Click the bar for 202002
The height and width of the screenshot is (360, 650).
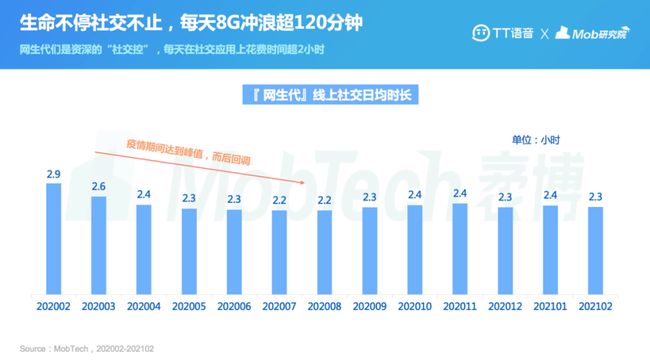(x=53, y=239)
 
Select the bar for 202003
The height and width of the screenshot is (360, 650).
(x=98, y=245)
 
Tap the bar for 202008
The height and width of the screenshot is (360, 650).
(x=324, y=252)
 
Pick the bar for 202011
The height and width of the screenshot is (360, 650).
(x=460, y=249)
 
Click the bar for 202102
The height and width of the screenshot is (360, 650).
(x=595, y=250)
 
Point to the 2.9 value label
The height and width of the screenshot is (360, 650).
(x=53, y=175)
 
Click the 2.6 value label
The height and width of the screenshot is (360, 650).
(x=98, y=187)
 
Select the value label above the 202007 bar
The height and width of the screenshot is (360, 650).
(x=279, y=200)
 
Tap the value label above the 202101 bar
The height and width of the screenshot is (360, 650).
(x=550, y=196)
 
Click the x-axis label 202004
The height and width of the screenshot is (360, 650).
(x=144, y=306)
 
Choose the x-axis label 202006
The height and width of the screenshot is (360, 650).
(x=234, y=306)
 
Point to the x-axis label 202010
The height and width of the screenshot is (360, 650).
(x=415, y=306)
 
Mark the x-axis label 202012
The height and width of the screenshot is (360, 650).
(x=505, y=306)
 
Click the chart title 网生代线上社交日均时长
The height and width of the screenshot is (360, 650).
(x=330, y=95)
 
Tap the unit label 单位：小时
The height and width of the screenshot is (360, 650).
(x=535, y=140)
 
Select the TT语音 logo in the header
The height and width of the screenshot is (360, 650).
(x=502, y=32)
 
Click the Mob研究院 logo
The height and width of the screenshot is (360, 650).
(x=591, y=32)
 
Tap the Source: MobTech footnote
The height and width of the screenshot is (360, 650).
(x=87, y=349)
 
